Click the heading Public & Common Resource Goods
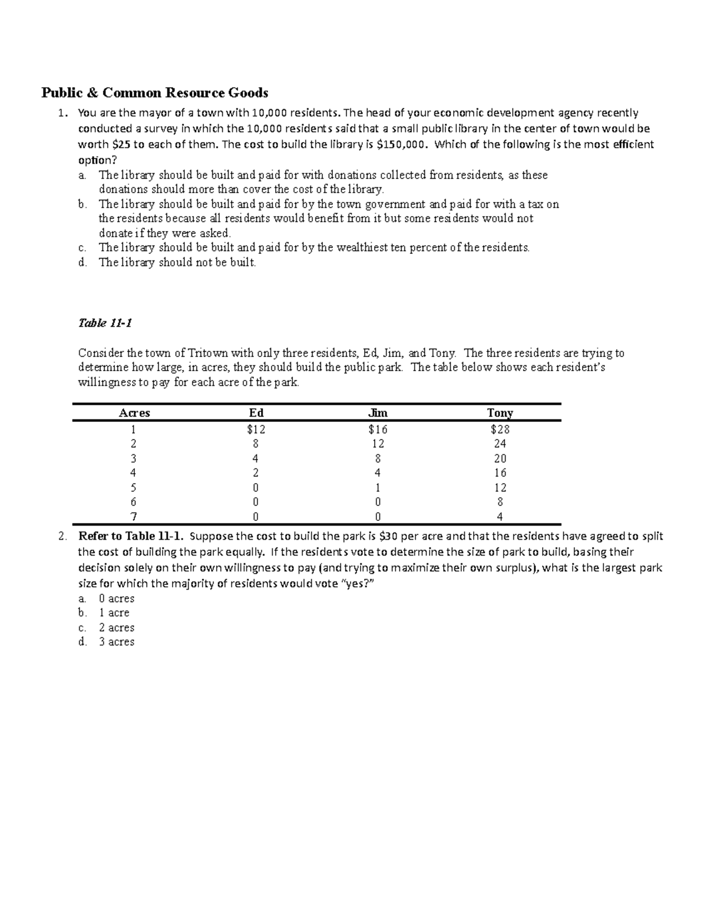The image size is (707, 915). pyautogui.click(x=154, y=93)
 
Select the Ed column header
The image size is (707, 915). pyautogui.click(x=256, y=413)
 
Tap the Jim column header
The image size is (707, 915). pyautogui.click(x=377, y=413)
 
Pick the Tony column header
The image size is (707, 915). pyautogui.click(x=500, y=413)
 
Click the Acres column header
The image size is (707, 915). pyautogui.click(x=134, y=413)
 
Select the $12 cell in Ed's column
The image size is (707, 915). pyautogui.click(x=256, y=430)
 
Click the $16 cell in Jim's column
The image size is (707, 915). pyautogui.click(x=377, y=430)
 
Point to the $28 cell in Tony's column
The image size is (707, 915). pyautogui.click(x=500, y=430)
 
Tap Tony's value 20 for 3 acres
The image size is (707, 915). pyautogui.click(x=500, y=458)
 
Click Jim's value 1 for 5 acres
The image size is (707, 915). pyautogui.click(x=377, y=488)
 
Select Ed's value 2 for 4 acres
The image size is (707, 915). pyautogui.click(x=256, y=473)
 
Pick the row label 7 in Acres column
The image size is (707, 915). pyautogui.click(x=134, y=517)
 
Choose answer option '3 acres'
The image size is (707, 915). pyautogui.click(x=117, y=642)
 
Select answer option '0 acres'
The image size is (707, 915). pyautogui.click(x=117, y=599)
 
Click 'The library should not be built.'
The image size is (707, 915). pyautogui.click(x=177, y=263)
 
